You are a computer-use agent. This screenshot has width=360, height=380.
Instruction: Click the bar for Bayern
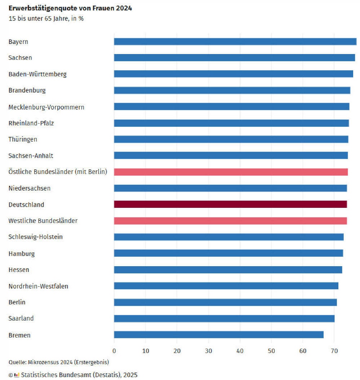pyautogui.click(x=235, y=42)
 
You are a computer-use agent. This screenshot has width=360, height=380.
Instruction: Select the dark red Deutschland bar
pyautogui.click(x=230, y=204)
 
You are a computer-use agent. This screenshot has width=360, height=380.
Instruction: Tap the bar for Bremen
pyautogui.click(x=218, y=335)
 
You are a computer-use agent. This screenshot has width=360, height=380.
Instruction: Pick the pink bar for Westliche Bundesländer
pyautogui.click(x=230, y=221)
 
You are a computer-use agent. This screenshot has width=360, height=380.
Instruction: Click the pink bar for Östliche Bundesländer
pyautogui.click(x=231, y=172)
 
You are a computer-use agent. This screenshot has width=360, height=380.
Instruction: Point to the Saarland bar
pyautogui.click(x=224, y=318)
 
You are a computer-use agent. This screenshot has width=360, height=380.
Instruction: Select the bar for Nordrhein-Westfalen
pyautogui.click(x=226, y=286)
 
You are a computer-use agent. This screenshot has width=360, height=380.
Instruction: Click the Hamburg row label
pyautogui.click(x=22, y=254)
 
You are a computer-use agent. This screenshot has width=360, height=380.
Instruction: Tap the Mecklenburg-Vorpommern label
pyautogui.click(x=46, y=107)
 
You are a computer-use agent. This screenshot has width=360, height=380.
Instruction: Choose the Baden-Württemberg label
pyautogui.click(x=37, y=74)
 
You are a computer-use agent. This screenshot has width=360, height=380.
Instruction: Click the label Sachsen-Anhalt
pyautogui.click(x=31, y=156)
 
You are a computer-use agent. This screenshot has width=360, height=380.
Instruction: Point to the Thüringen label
pyautogui.click(x=23, y=139)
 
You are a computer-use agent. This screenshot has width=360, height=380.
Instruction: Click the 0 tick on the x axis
pyautogui.click(x=114, y=351)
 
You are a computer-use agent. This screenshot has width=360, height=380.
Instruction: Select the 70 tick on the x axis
pyautogui.click(x=334, y=351)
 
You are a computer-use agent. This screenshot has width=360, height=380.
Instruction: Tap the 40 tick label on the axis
pyautogui.click(x=240, y=351)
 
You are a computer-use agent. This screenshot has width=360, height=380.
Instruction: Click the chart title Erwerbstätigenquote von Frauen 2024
pyautogui.click(x=70, y=8)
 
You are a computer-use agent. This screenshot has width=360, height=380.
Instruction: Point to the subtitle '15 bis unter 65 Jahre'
pyautogui.click(x=46, y=18)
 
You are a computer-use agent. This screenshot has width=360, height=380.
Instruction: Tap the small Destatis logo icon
pyautogui.click(x=17, y=375)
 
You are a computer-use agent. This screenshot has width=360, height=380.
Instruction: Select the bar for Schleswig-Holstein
pyautogui.click(x=228, y=237)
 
